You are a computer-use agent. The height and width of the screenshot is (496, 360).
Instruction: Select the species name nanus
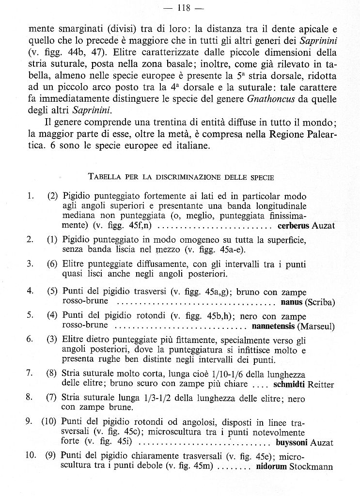tap(292, 303)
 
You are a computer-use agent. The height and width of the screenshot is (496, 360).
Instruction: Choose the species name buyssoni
tap(292, 443)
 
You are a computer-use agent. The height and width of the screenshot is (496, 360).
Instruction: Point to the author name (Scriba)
tap(320, 303)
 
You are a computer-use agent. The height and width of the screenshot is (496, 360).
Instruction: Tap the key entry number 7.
tap(30, 372)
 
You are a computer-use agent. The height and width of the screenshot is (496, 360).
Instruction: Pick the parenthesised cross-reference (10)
tap(49, 420)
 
